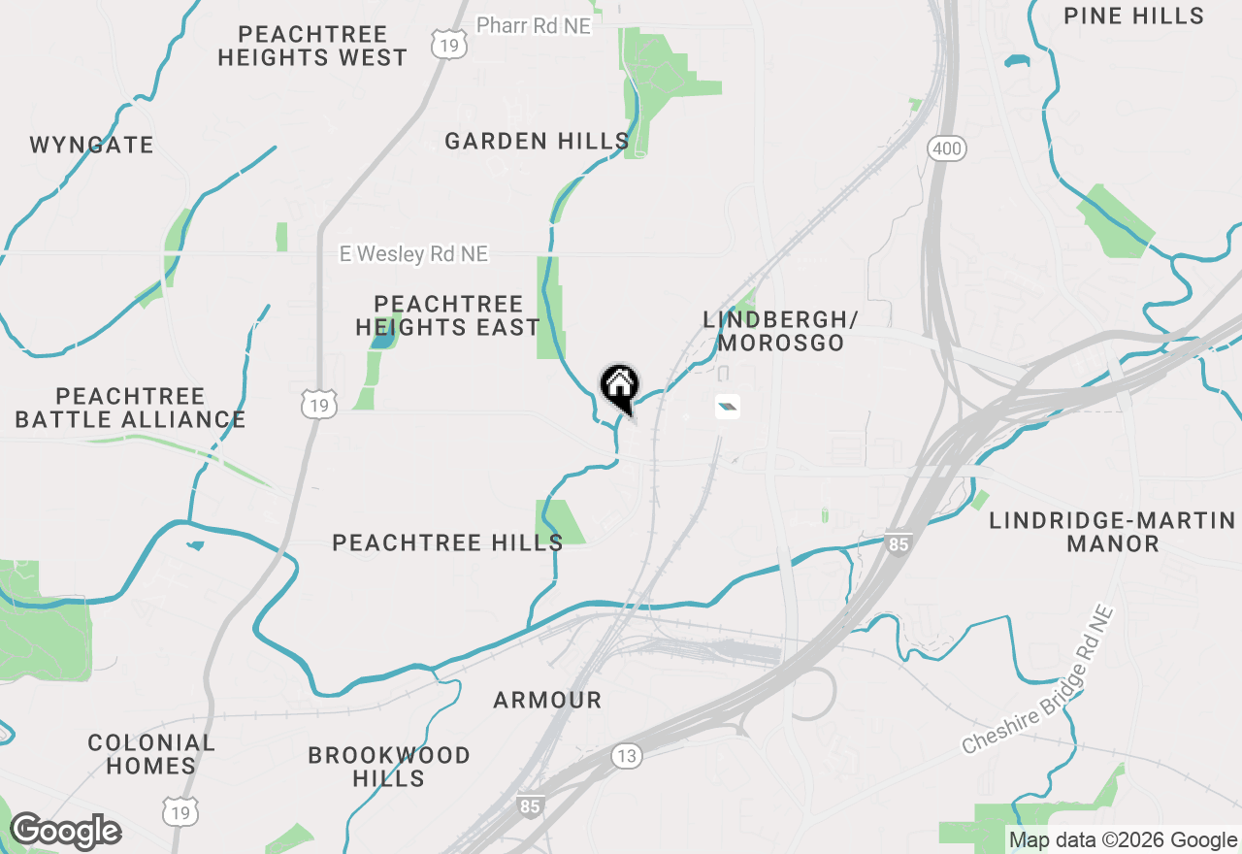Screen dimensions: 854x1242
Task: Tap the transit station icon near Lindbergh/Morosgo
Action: point(728,407)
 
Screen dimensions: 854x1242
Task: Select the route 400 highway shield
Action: point(946,148)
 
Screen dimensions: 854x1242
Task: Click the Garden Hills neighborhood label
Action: point(537,142)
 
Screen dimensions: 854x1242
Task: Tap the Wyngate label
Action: point(91,146)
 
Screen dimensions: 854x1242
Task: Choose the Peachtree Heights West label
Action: point(312,47)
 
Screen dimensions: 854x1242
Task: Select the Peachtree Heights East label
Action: point(447,316)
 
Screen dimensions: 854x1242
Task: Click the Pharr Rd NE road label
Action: point(534,26)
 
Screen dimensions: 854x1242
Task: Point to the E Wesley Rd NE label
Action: point(413,254)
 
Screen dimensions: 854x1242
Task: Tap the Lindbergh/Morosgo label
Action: point(781,331)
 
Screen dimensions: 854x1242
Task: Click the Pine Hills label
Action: point(1133,16)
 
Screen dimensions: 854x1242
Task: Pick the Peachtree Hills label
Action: point(447,542)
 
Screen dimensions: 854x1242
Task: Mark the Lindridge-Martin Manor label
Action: point(1113,532)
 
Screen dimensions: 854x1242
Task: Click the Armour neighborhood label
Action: point(547,700)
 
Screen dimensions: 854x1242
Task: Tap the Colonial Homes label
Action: point(151,754)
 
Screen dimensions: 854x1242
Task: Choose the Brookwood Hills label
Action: point(389,767)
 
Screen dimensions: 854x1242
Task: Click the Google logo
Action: point(65,832)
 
